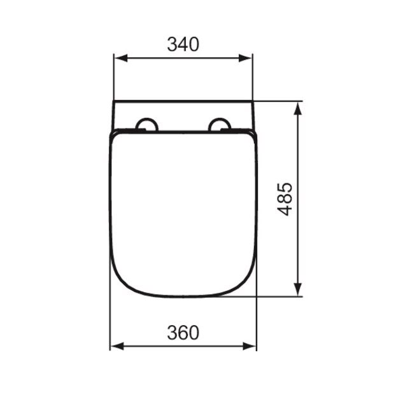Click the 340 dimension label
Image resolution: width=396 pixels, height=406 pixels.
(183, 45)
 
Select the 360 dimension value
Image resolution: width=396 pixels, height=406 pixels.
(183, 333)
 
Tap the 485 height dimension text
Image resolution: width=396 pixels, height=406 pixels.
(285, 199)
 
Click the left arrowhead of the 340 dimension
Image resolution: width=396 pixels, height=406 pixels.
(121, 58)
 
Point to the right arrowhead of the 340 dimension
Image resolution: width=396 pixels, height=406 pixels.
(246, 58)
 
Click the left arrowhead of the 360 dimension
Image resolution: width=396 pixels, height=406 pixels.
(117, 346)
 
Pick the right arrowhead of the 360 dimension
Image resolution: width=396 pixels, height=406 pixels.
(250, 346)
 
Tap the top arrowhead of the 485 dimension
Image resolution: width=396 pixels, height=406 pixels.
(298, 108)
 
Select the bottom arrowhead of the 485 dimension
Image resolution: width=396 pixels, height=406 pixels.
(298, 289)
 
